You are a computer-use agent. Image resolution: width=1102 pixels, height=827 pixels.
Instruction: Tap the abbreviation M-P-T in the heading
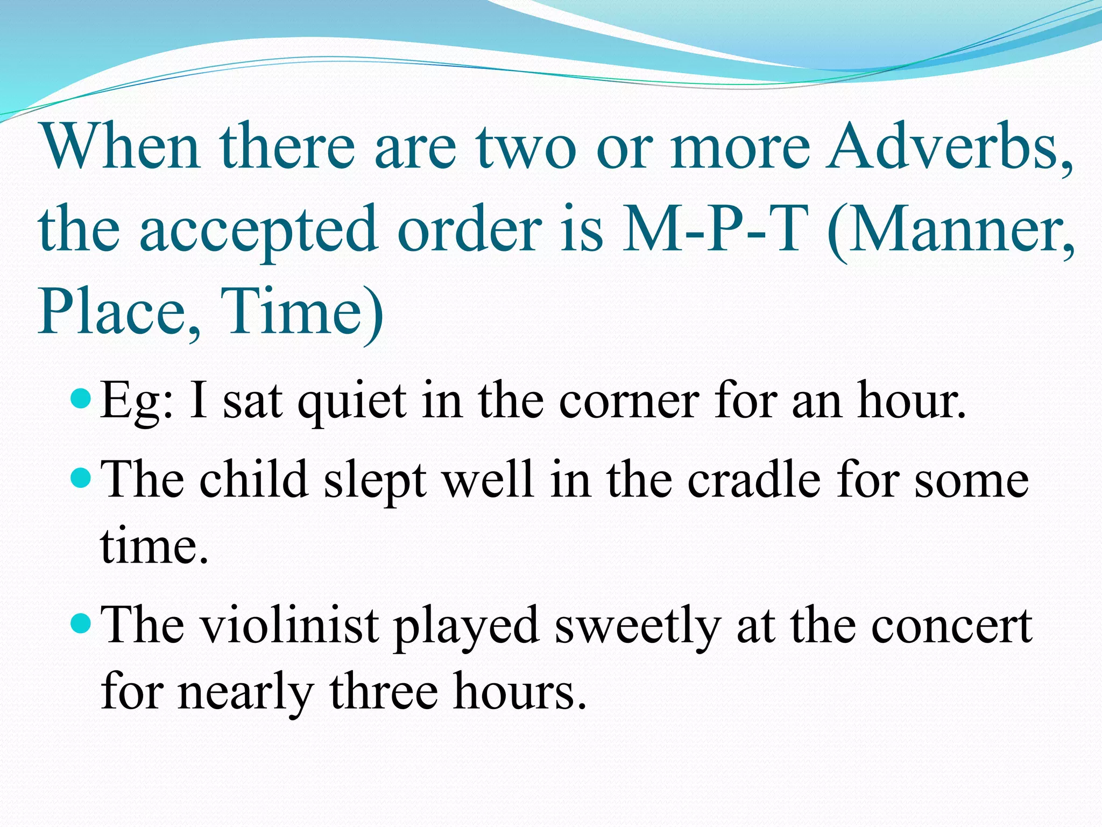pos(716,229)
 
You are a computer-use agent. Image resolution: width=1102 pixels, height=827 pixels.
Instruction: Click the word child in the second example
pos(253,479)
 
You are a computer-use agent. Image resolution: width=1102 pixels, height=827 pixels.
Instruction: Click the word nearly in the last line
pos(245,691)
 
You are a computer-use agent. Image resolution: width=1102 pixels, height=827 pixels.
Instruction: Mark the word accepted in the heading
pos(258,229)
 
